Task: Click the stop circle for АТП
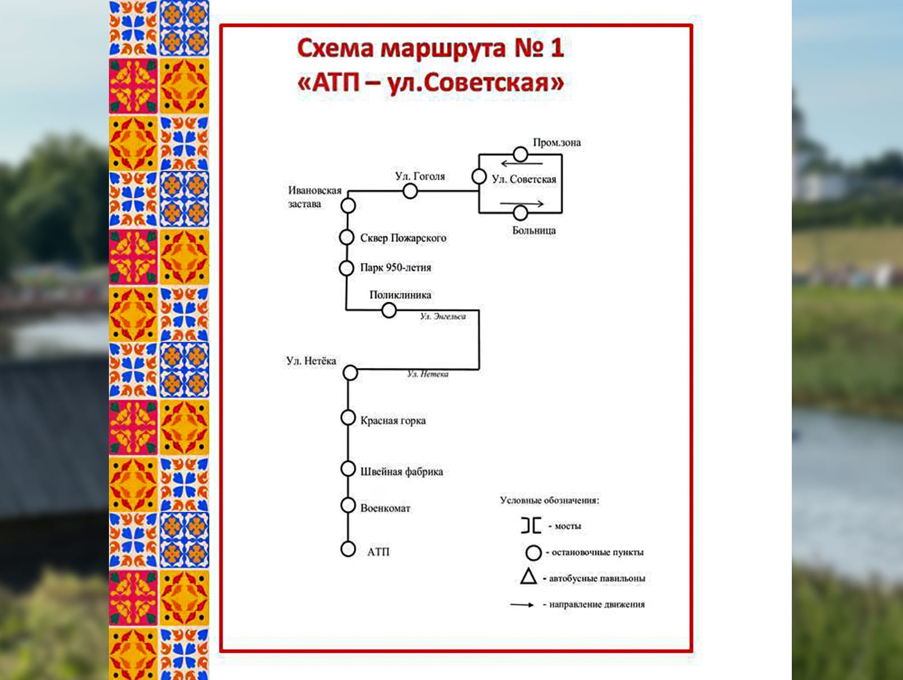click(348, 549)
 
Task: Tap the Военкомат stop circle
click(348, 505)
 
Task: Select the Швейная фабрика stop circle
click(348, 469)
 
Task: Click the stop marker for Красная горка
click(348, 418)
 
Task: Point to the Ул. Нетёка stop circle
click(350, 372)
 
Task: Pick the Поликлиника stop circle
click(389, 310)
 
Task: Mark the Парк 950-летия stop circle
click(347, 268)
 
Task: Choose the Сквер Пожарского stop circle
click(347, 238)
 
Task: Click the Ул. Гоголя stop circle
click(410, 191)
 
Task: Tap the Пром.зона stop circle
click(520, 154)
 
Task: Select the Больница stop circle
click(520, 213)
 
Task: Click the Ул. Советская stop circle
click(479, 177)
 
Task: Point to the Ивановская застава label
click(314, 197)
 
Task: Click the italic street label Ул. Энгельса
click(443, 317)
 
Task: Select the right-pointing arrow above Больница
click(521, 203)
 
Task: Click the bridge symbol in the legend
click(531, 525)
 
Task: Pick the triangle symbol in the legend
click(529, 577)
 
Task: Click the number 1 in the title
click(557, 48)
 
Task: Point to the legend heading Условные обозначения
click(549, 501)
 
